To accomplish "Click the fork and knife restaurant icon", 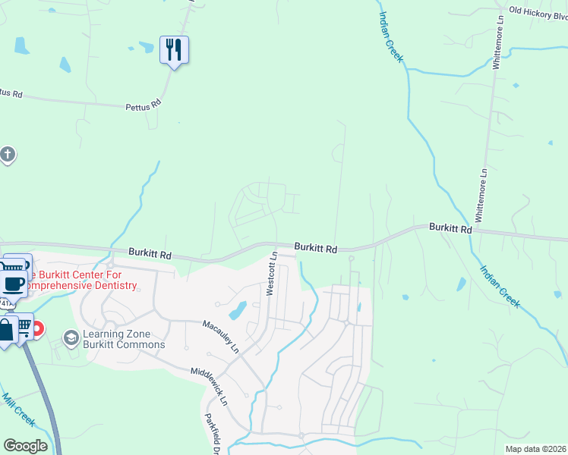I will point(174,50).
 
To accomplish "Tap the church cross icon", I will point(7,155).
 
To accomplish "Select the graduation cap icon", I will point(71,337).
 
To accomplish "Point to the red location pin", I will point(37,330).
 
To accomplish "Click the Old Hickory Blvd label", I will point(538,11).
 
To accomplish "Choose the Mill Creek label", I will point(18,409).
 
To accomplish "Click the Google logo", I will point(25,446).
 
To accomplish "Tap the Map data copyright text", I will point(535,449).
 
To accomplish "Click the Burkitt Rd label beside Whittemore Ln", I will point(450,227).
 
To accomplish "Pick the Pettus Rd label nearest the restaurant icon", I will point(144,105).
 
